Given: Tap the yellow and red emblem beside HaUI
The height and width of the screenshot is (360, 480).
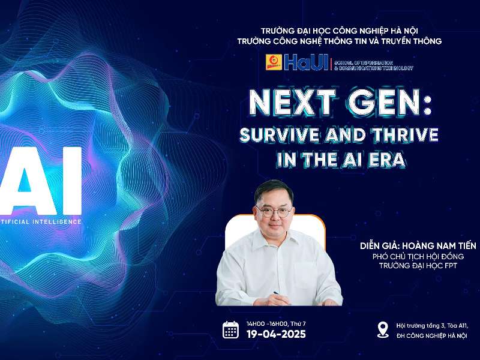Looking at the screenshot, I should click(x=275, y=62).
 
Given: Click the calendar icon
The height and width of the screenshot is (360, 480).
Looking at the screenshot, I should click(x=231, y=329).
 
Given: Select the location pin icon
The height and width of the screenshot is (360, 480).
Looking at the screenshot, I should click(x=382, y=329).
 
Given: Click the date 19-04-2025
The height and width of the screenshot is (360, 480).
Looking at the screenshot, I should click(x=276, y=334).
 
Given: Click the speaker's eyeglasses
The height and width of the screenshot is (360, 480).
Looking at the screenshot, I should click(x=274, y=211).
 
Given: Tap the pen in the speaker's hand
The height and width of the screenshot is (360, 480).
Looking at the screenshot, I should click(x=277, y=293).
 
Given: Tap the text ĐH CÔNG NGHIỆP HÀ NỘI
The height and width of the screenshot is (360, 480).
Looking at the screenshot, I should click(x=431, y=335).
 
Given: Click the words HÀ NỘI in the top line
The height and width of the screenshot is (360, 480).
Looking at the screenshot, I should click(x=420, y=30).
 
